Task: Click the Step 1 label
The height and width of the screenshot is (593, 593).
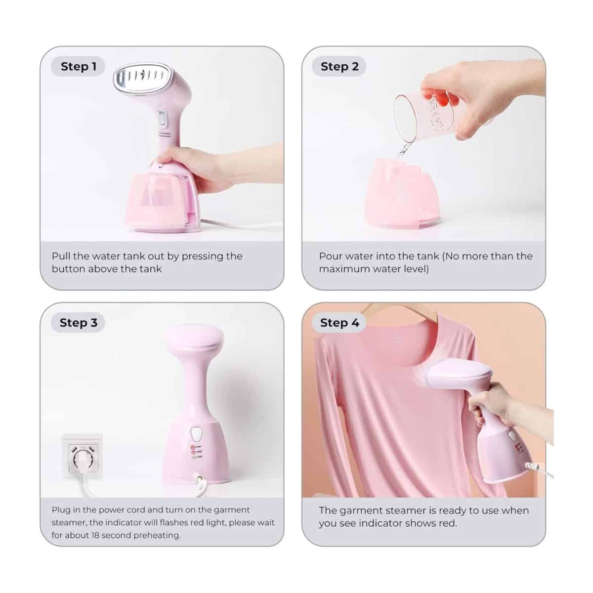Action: click(x=79, y=67)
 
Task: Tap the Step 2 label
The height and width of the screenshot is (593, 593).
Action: click(x=339, y=67)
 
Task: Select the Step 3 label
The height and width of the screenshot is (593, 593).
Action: click(x=79, y=323)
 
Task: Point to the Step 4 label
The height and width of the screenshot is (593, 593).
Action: click(x=339, y=323)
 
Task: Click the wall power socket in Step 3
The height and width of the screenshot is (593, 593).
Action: click(x=83, y=456)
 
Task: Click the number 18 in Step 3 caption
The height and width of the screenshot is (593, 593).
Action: click(x=95, y=535)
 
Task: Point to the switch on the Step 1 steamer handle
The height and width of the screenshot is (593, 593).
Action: click(x=162, y=119)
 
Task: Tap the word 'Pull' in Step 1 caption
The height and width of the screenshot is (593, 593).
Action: click(x=61, y=256)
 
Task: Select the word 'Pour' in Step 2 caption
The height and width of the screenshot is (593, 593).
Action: click(x=330, y=256)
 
